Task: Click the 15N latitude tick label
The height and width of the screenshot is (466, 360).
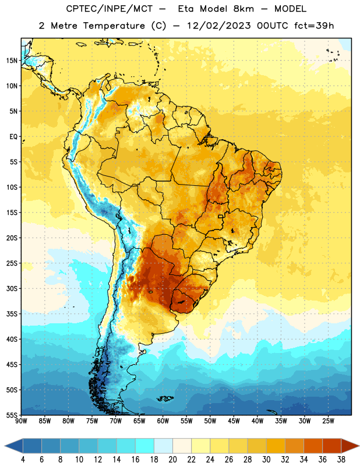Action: pos(12,61)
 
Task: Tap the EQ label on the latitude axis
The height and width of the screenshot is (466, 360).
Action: pos(13,137)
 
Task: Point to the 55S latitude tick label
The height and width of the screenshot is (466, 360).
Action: pos(12,415)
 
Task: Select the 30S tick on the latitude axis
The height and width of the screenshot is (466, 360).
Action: pos(12,288)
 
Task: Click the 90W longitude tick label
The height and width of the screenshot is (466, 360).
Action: pos(21,421)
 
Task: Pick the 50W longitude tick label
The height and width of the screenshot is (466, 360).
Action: pos(210,421)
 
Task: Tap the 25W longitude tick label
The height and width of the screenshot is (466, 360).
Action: pos(328,421)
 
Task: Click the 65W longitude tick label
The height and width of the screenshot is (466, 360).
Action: pos(139,421)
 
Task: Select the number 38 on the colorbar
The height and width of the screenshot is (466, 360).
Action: pos(341,460)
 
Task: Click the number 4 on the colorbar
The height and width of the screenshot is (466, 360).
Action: pos(23,460)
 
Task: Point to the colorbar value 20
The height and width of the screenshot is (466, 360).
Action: pos(172,460)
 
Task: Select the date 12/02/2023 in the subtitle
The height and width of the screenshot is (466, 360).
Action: pos(219,26)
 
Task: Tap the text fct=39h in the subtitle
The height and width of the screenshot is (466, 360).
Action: pos(314,26)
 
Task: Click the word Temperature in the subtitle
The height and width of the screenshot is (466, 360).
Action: pos(114,26)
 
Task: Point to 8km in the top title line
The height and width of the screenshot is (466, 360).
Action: pos(243,9)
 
